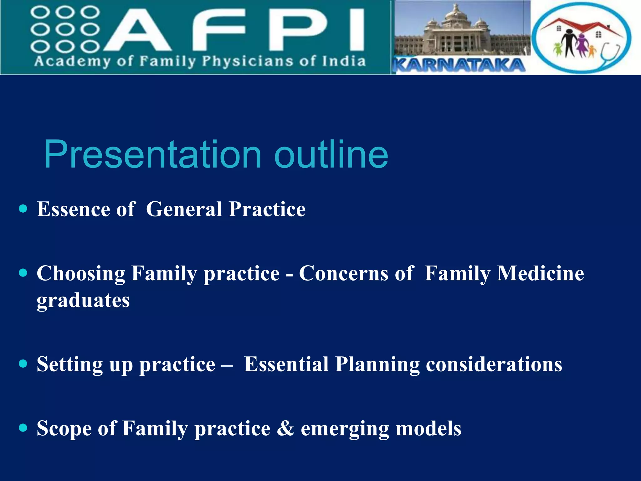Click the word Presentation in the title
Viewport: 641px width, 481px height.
[x=152, y=154]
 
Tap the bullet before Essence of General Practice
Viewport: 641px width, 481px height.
[x=23, y=209]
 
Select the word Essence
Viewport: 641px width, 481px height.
[x=73, y=209]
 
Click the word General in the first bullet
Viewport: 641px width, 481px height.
[x=184, y=209]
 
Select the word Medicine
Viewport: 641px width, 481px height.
[x=540, y=273]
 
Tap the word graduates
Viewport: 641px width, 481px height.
[x=83, y=301]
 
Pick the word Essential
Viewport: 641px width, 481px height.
[x=286, y=364]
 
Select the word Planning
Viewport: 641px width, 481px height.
[x=377, y=365]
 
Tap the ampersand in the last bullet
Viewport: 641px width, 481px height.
[x=285, y=428]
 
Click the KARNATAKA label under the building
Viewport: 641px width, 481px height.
[x=459, y=65]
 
